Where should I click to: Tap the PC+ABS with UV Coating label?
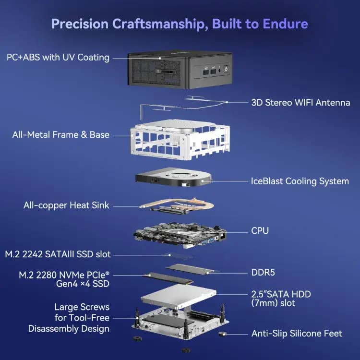click(58, 58)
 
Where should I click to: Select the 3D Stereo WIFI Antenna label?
click(300, 102)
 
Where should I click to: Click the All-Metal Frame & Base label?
click(61, 135)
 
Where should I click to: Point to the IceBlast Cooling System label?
click(300, 181)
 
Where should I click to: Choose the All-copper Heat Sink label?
click(66, 205)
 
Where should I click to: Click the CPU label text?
click(260, 231)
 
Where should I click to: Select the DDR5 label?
click(263, 272)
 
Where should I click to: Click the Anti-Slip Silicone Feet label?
click(297, 333)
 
